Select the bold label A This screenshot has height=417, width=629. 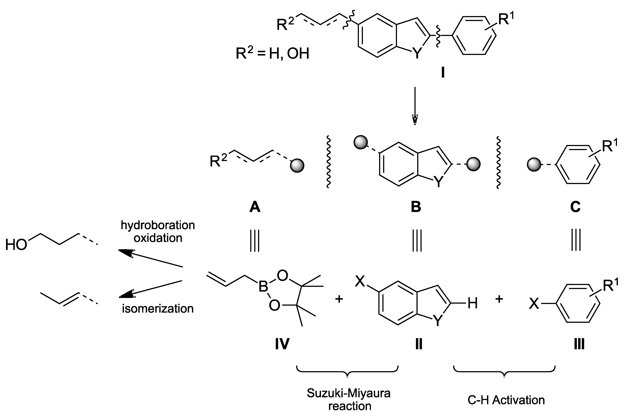255,207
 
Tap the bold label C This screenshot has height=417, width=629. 575,207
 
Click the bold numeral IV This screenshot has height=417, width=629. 282,344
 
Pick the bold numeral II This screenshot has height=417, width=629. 419,344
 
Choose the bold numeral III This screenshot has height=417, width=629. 579,344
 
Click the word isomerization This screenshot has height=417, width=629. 158,309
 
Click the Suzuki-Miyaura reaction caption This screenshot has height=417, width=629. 349,399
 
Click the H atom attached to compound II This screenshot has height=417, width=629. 473,303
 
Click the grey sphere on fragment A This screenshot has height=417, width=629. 297,166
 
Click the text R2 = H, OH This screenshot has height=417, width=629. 272,54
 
